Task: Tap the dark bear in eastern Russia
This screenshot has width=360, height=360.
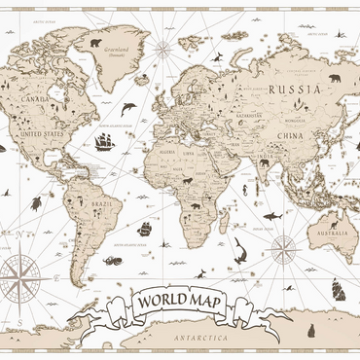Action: pyautogui.click(x=334, y=78)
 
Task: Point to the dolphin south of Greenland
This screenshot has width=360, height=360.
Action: pyautogui.click(x=128, y=109)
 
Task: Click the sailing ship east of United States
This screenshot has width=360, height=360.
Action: pyautogui.click(x=104, y=141)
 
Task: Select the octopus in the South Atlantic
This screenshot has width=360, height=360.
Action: pyautogui.click(x=113, y=260)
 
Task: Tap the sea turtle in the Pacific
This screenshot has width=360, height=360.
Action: pyautogui.click(x=35, y=202)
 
